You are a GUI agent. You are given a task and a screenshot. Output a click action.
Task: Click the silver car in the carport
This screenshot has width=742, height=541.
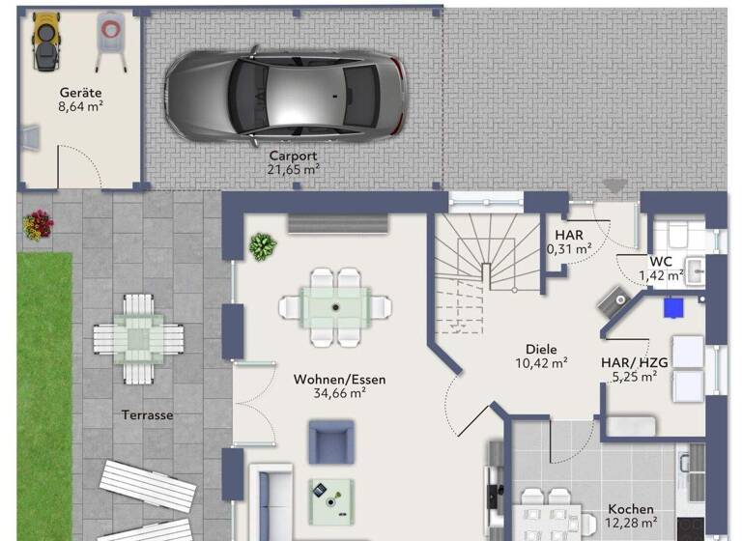click(285, 95)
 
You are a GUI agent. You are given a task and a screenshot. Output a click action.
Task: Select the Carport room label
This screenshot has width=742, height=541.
click(293, 155)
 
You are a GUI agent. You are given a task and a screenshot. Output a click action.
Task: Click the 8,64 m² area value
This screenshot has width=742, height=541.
click(80, 107)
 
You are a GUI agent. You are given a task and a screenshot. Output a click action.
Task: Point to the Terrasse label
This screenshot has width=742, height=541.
click(147, 414)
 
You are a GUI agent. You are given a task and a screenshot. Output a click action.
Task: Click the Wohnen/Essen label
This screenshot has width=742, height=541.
click(339, 380)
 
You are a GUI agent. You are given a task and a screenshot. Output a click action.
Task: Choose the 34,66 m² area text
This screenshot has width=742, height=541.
click(339, 393)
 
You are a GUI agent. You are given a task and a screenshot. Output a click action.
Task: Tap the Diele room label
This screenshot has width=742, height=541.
click(541, 350)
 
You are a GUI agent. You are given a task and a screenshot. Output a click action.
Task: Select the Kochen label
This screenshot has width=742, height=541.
click(630, 509)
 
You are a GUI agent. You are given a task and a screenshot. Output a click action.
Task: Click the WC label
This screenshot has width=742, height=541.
click(661, 262)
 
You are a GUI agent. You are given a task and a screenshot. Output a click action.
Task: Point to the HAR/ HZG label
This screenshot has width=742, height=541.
click(634, 363)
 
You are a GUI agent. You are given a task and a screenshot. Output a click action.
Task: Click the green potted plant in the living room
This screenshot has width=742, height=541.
click(262, 246)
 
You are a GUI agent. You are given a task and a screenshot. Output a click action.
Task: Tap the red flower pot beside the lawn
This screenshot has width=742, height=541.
click(38, 225)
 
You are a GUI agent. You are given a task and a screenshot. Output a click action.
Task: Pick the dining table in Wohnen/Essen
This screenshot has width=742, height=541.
click(335, 306)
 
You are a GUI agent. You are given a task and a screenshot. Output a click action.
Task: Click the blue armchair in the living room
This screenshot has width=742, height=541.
click(331, 441)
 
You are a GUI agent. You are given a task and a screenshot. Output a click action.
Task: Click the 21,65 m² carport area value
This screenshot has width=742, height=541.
click(293, 168)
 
